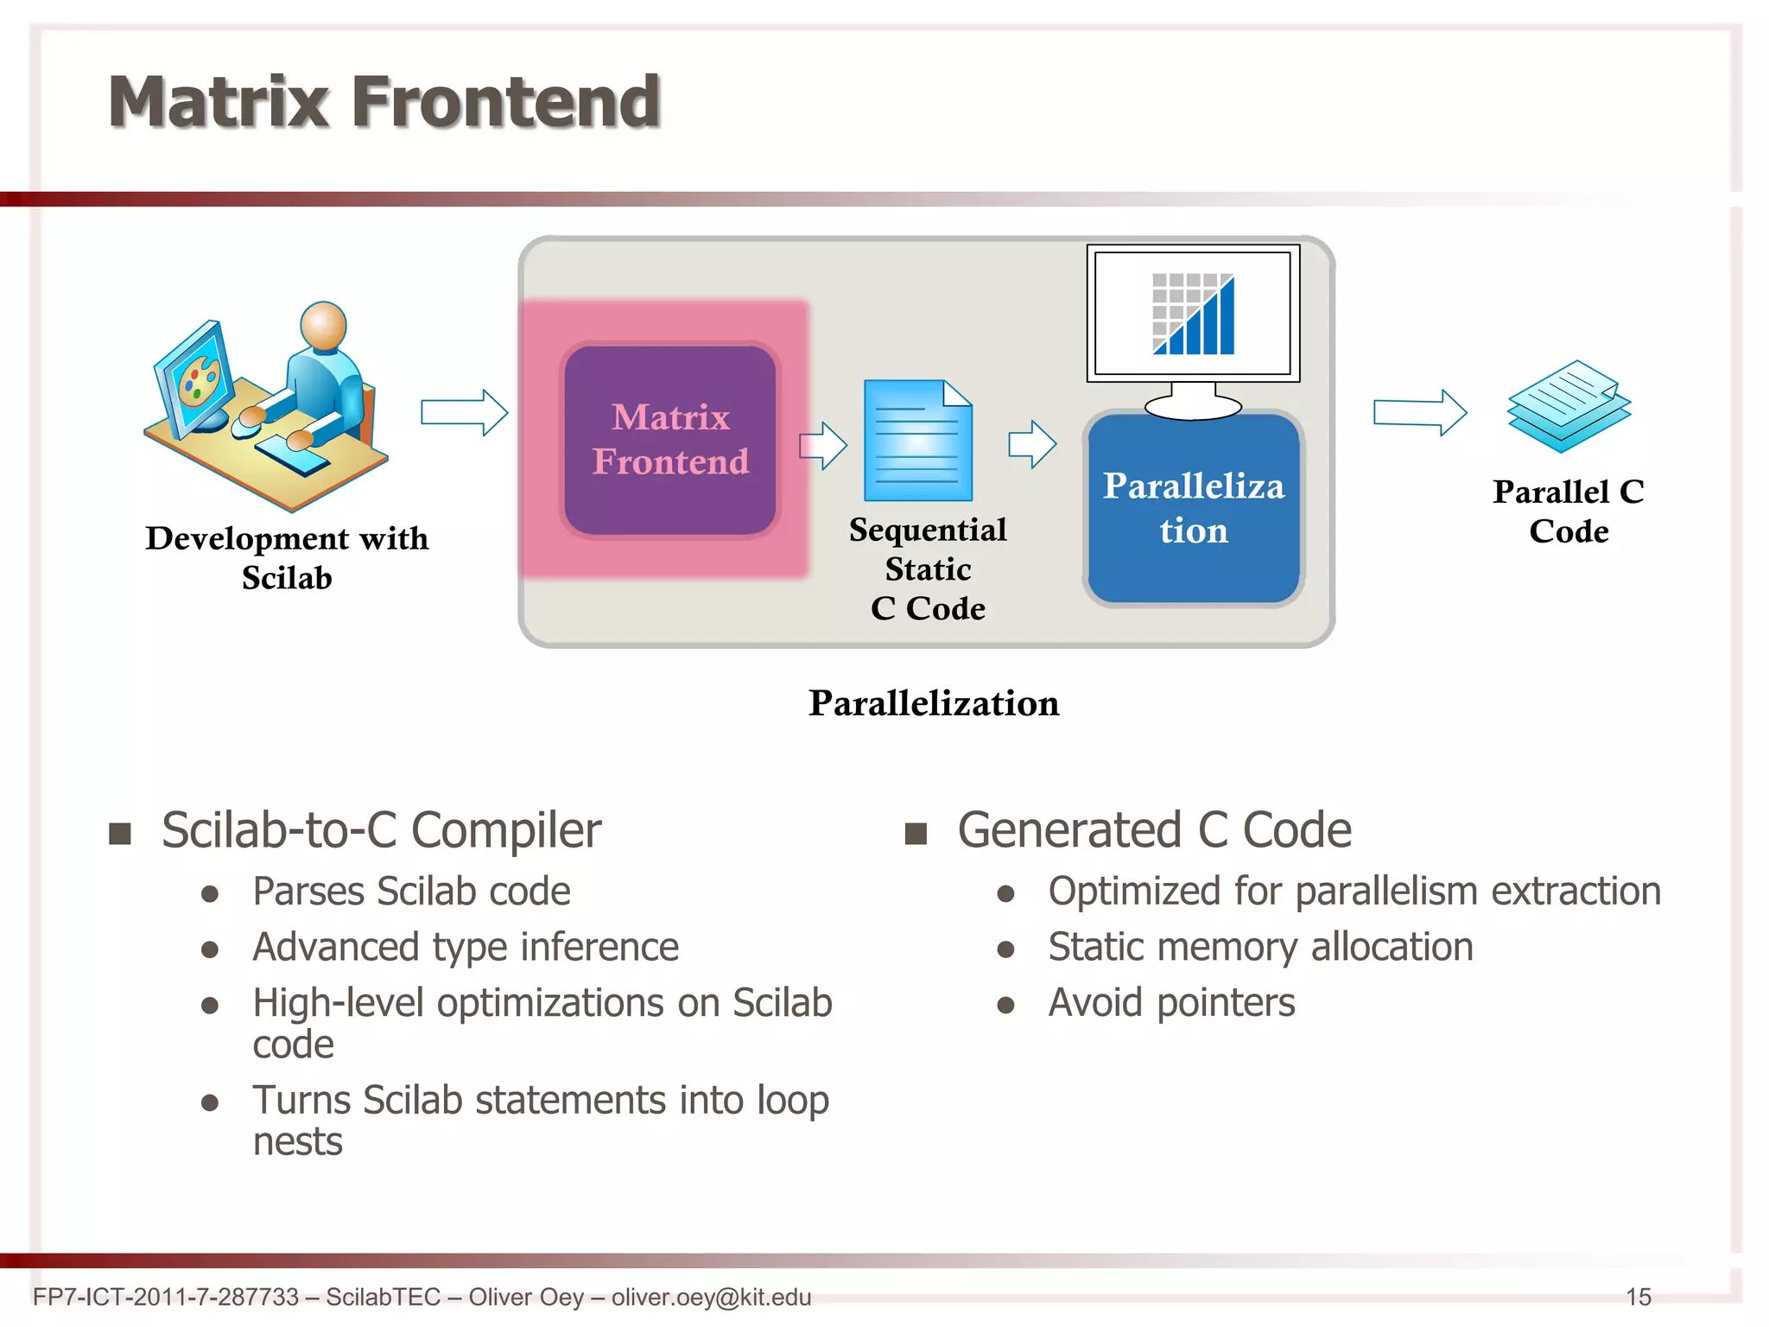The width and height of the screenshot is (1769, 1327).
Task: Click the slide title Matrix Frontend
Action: tap(384, 102)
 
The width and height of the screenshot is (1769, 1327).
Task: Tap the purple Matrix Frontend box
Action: tap(670, 440)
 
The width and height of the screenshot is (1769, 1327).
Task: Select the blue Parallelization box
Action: tap(1194, 508)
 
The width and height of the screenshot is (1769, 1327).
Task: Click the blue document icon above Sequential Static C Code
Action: tap(918, 441)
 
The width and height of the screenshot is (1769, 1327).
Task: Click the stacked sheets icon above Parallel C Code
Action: tap(1569, 406)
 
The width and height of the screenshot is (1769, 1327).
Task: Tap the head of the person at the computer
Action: tap(323, 326)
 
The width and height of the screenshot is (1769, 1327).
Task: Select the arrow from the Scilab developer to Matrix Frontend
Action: tap(464, 412)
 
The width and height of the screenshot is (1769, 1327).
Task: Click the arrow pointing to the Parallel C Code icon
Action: tap(1419, 412)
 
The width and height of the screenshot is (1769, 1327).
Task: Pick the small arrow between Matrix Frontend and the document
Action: tap(823, 446)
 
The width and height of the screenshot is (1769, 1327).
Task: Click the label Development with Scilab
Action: tap(287, 557)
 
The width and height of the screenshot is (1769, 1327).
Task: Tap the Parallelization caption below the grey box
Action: tap(933, 703)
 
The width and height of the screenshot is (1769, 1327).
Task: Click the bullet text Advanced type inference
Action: tap(466, 947)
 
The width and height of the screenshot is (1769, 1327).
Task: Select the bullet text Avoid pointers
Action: tap(1171, 1003)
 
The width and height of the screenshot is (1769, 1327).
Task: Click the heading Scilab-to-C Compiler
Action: tap(381, 830)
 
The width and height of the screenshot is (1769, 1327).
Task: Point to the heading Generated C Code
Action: tap(1154, 830)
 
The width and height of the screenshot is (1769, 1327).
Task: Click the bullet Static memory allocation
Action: tap(1260, 947)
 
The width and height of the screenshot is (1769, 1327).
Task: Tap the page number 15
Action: tap(1638, 1297)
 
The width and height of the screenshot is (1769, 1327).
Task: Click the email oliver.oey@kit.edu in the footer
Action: tap(711, 1297)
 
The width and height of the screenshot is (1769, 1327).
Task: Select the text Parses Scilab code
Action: tap(411, 892)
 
